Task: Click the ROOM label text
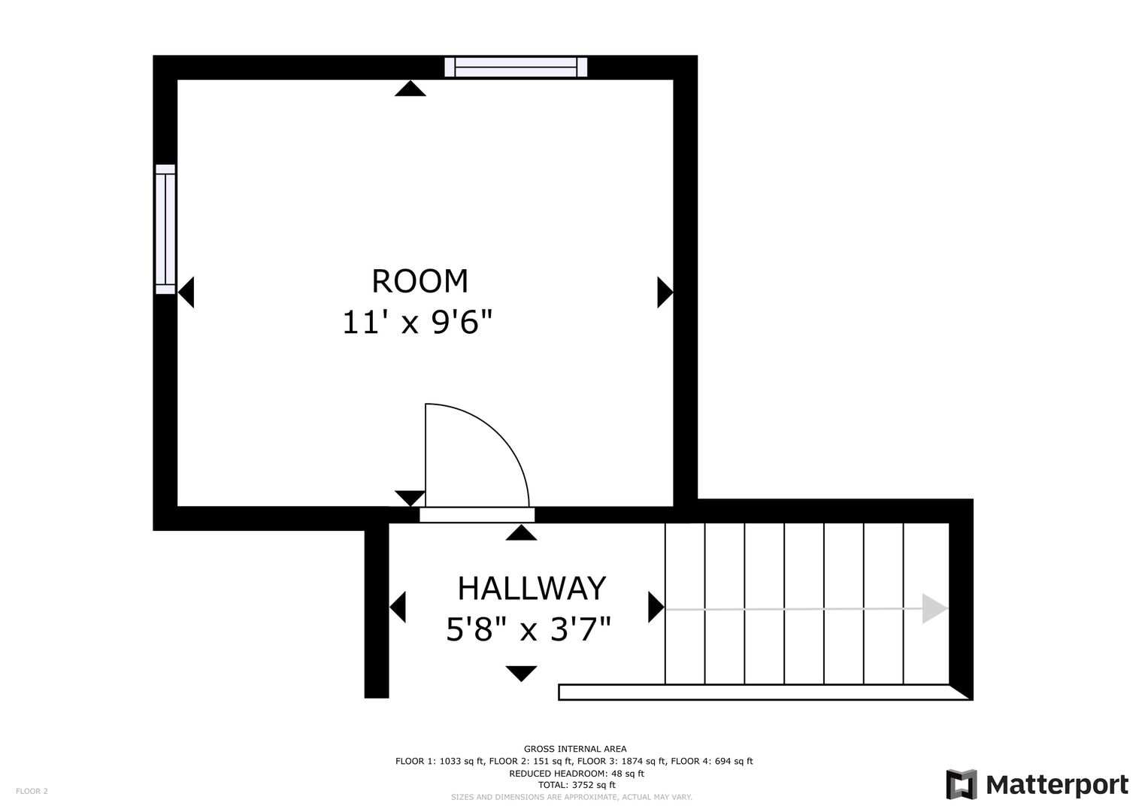[x=420, y=281]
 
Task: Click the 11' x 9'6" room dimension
[x=417, y=323]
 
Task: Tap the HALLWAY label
[x=532, y=589]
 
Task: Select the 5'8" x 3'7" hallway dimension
[x=529, y=629]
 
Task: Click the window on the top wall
[x=516, y=67]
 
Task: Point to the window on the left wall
[x=165, y=229]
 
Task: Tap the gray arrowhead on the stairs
[x=934, y=608]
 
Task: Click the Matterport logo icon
[x=962, y=784]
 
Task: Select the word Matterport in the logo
[x=1057, y=785]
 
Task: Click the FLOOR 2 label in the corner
[x=32, y=791]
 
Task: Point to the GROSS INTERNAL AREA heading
[x=575, y=749]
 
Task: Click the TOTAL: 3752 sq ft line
[x=577, y=785]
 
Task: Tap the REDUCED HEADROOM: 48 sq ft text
[x=577, y=774]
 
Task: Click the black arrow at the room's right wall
[x=665, y=292]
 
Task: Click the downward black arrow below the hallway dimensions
[x=521, y=674]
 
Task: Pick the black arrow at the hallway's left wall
[x=397, y=607]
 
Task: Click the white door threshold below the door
[x=477, y=515]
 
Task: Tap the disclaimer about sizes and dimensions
[x=571, y=797]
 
